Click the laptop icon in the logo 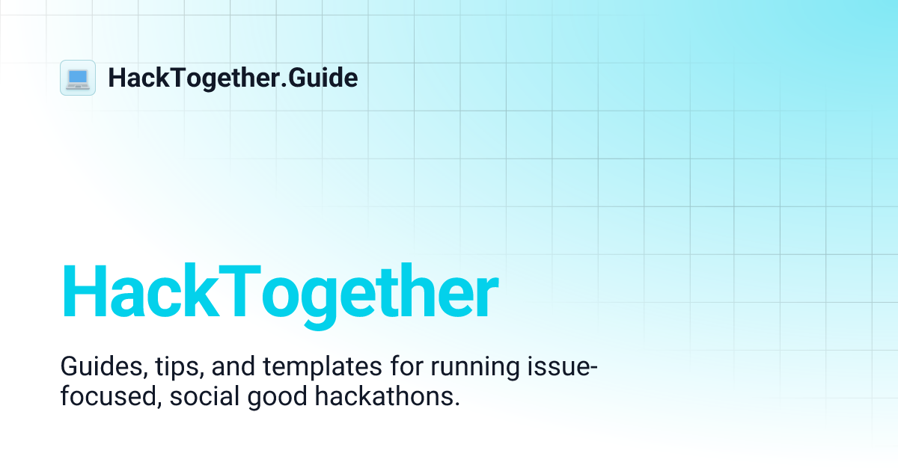(78, 78)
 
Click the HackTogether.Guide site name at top (233, 78)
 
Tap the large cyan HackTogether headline (279, 293)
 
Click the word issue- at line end (569, 368)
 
